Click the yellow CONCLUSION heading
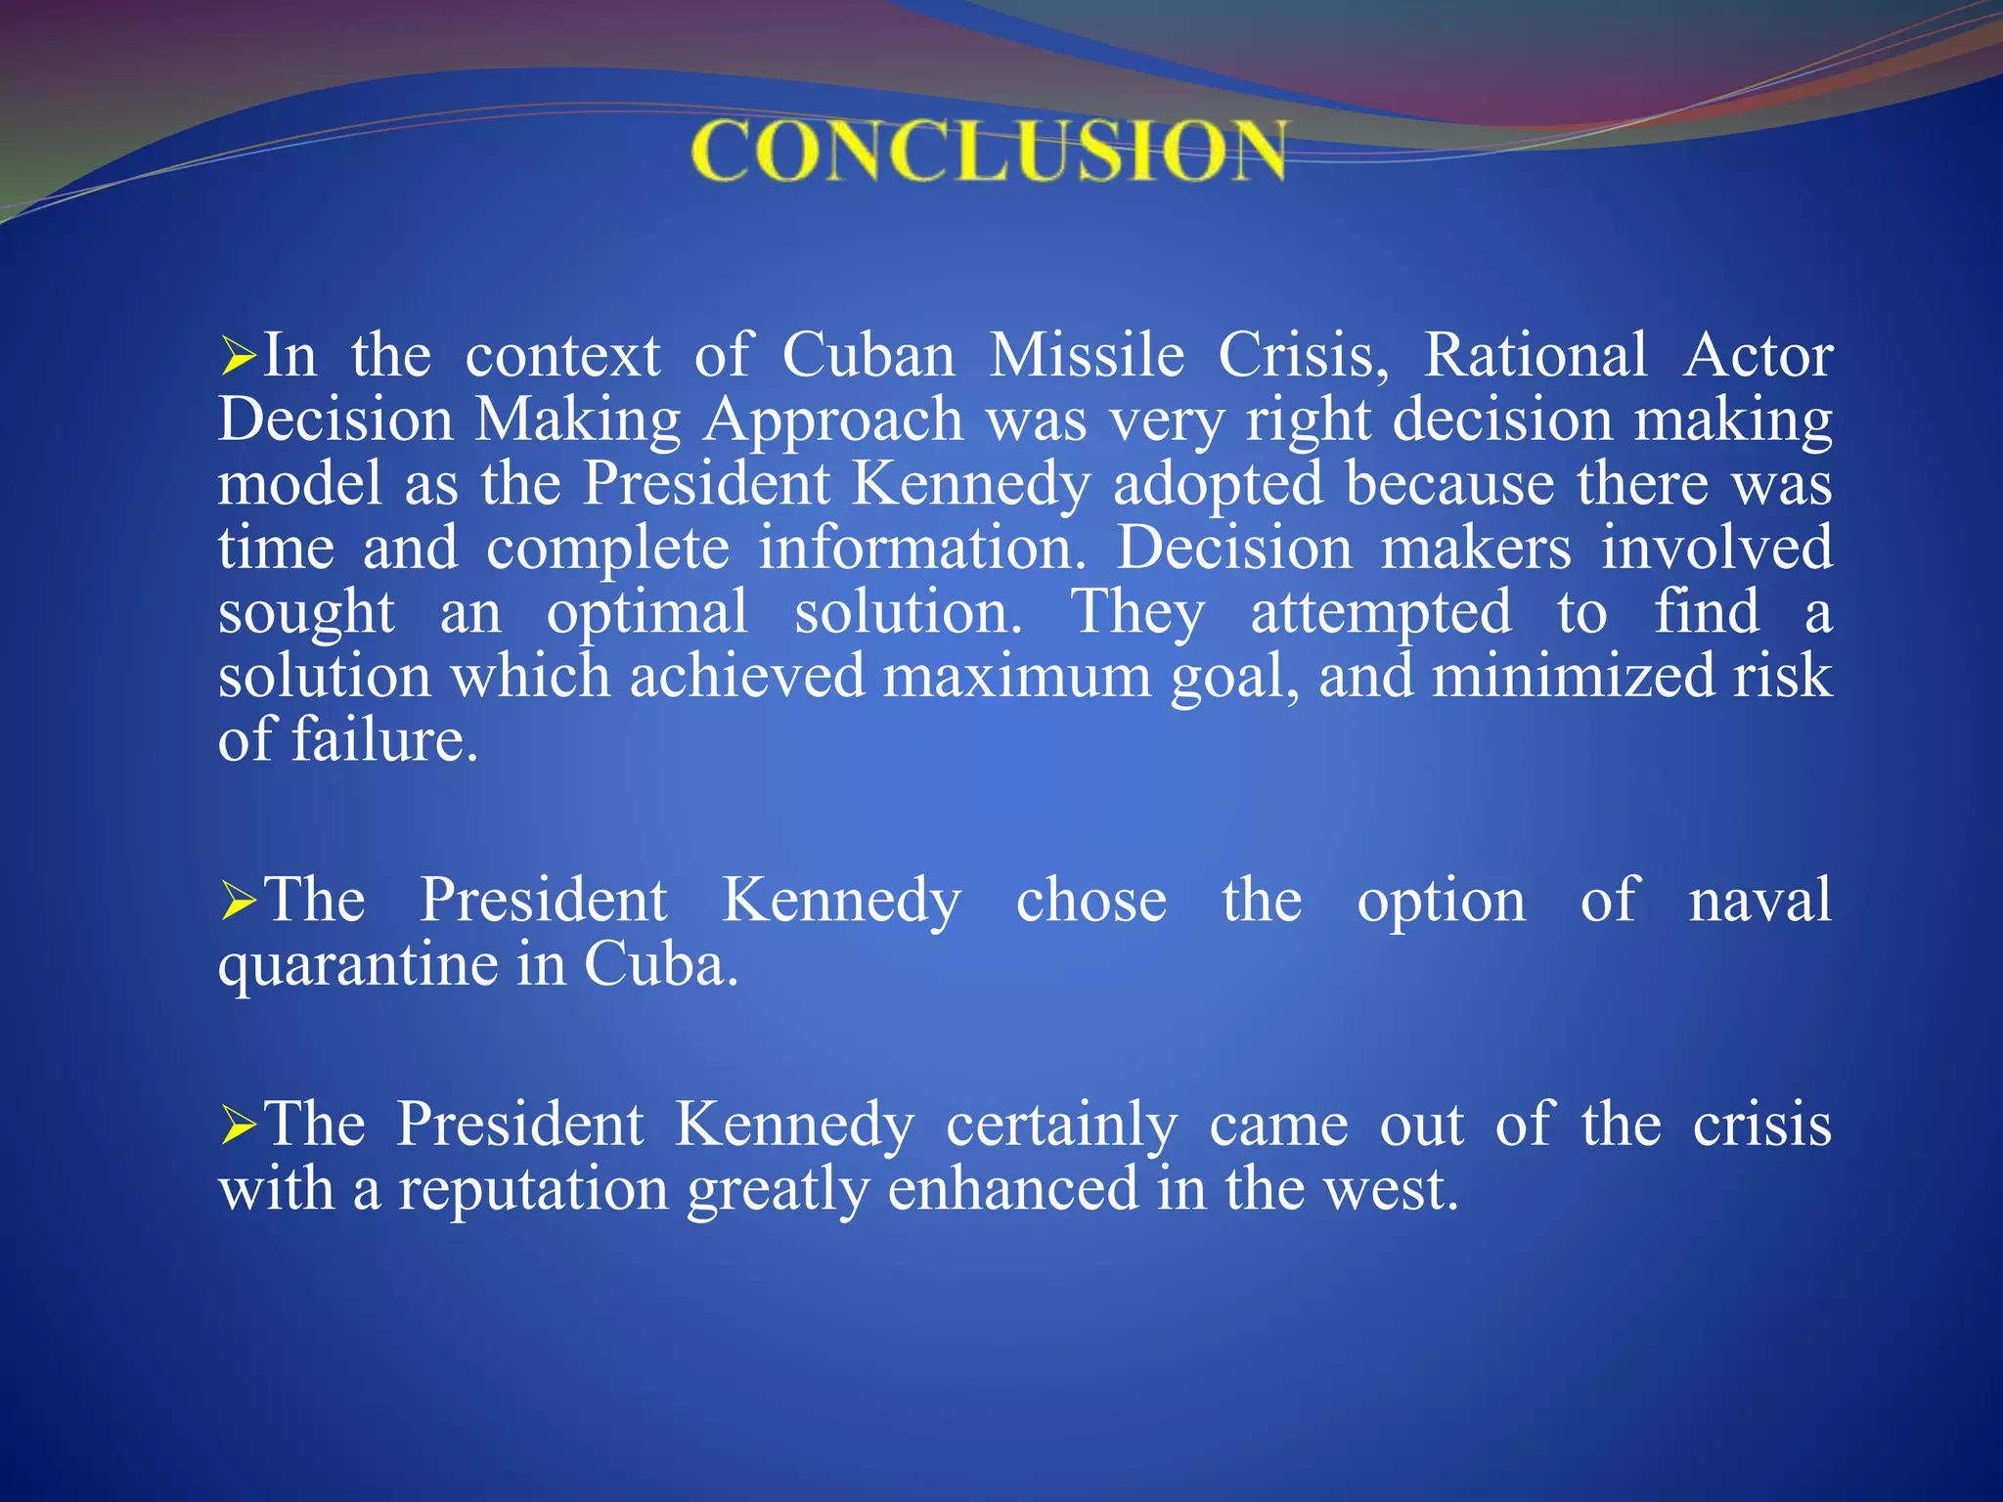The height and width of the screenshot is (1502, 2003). (x=989, y=151)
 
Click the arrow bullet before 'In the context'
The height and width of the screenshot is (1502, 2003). (x=238, y=356)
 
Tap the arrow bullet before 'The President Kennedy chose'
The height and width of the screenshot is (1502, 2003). (x=238, y=901)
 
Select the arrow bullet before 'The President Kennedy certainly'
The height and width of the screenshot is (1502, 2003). (x=238, y=1125)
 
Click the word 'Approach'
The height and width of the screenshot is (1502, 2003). (x=834, y=420)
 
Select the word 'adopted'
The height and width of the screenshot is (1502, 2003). (x=1218, y=484)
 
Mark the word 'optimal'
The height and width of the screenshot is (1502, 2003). (x=647, y=613)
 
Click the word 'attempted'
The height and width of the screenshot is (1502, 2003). (x=1381, y=613)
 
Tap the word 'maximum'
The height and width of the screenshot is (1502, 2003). (x=1017, y=676)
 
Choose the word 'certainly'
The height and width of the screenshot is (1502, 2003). (x=1061, y=1125)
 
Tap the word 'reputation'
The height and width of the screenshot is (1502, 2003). (x=533, y=1189)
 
